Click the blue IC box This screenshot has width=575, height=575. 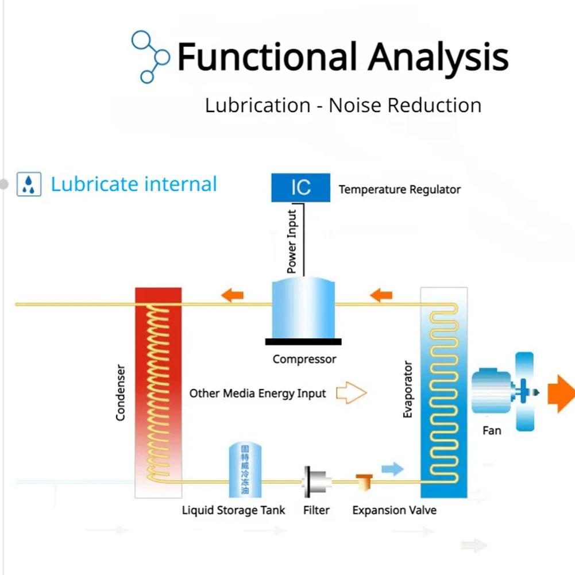[x=300, y=187]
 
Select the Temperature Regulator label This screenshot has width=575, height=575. [x=399, y=190]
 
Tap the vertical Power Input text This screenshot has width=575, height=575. [x=292, y=242]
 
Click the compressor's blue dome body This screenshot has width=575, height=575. [x=303, y=308]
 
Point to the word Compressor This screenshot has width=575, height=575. [x=304, y=360]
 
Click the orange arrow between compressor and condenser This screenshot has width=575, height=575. [x=232, y=296]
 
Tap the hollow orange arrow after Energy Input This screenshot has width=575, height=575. [x=351, y=393]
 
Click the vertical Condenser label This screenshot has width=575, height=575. [x=121, y=392]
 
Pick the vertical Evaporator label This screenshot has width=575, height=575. [x=408, y=389]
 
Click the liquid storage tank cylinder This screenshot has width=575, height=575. [x=245, y=470]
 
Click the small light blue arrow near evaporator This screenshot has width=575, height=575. [x=392, y=469]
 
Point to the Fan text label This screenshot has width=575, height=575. [x=491, y=430]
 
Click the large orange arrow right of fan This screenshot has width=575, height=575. [x=560, y=393]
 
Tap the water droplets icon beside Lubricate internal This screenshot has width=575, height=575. [x=29, y=185]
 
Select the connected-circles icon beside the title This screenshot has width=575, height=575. [x=150, y=56]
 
